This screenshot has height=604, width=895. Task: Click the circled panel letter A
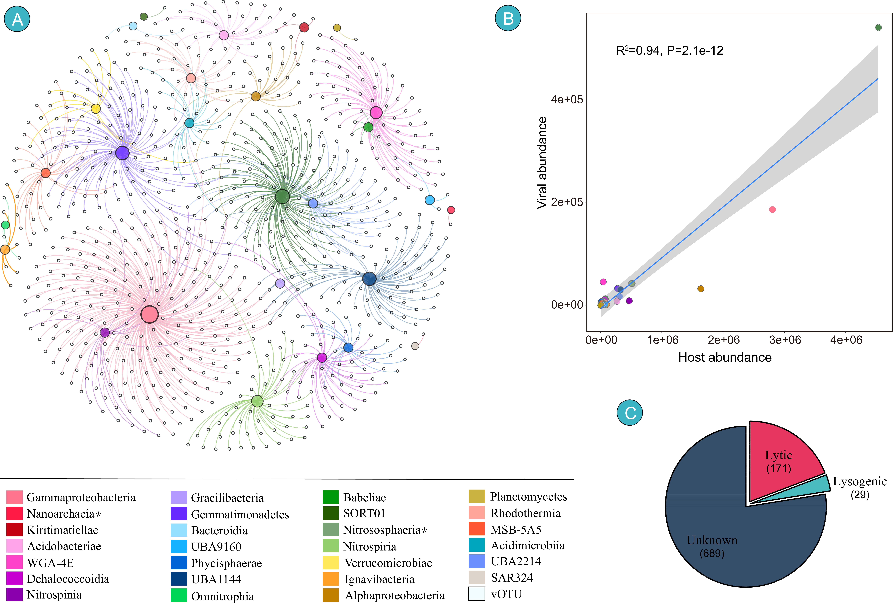coord(17,18)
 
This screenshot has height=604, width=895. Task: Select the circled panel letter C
coord(630,413)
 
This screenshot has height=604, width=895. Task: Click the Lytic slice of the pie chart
coord(781,462)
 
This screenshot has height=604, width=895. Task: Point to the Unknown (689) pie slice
coord(712,539)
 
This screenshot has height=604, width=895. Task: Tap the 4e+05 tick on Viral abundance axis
coord(567,99)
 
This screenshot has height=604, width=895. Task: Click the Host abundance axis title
coord(725,357)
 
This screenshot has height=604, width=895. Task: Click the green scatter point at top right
coord(878,27)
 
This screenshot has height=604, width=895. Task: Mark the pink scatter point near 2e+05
coord(772,210)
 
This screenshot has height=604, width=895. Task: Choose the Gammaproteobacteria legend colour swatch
coord(14,497)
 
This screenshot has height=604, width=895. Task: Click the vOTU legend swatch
coord(477,594)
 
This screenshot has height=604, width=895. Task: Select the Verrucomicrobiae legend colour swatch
coord(331,563)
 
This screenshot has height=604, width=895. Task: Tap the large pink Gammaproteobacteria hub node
coord(149,314)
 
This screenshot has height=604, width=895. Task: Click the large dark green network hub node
coord(282,196)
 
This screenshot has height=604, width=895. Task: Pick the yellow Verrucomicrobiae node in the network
coord(95,109)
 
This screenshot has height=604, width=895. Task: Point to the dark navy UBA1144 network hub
coord(369,279)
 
